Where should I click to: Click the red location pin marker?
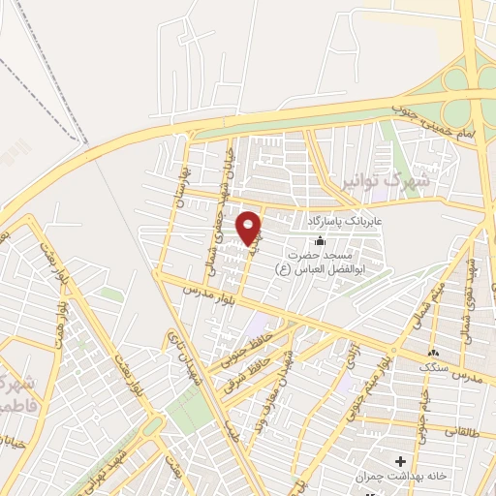(x=251, y=229)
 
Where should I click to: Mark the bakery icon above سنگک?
(x=432, y=355)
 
